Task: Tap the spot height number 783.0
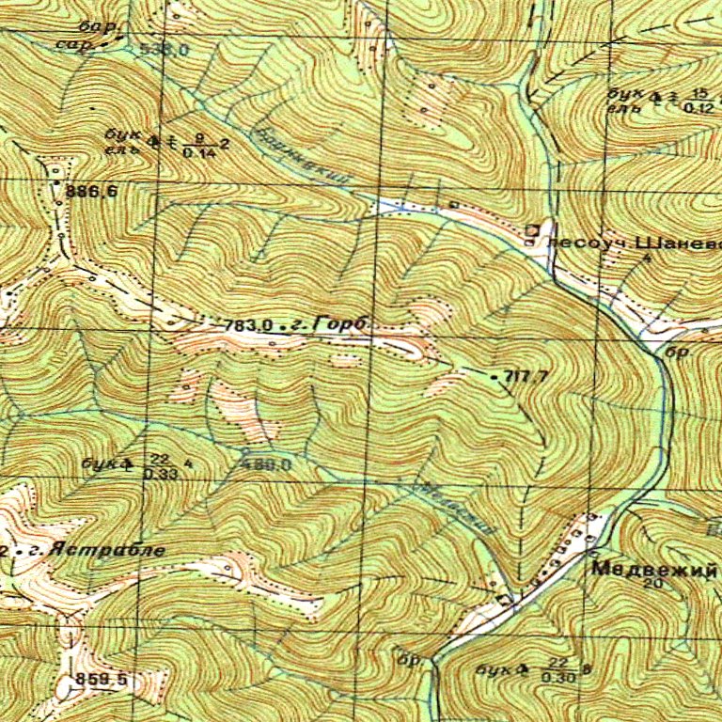(248, 325)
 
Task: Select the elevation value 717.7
(526, 377)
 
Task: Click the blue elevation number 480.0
(267, 463)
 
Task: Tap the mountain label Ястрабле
(114, 550)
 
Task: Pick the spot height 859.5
(102, 679)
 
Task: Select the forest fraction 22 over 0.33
(158, 467)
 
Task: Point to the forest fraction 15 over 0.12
(698, 100)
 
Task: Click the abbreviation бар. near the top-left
(95, 26)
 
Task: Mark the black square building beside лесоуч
(532, 229)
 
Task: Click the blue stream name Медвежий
(451, 508)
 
